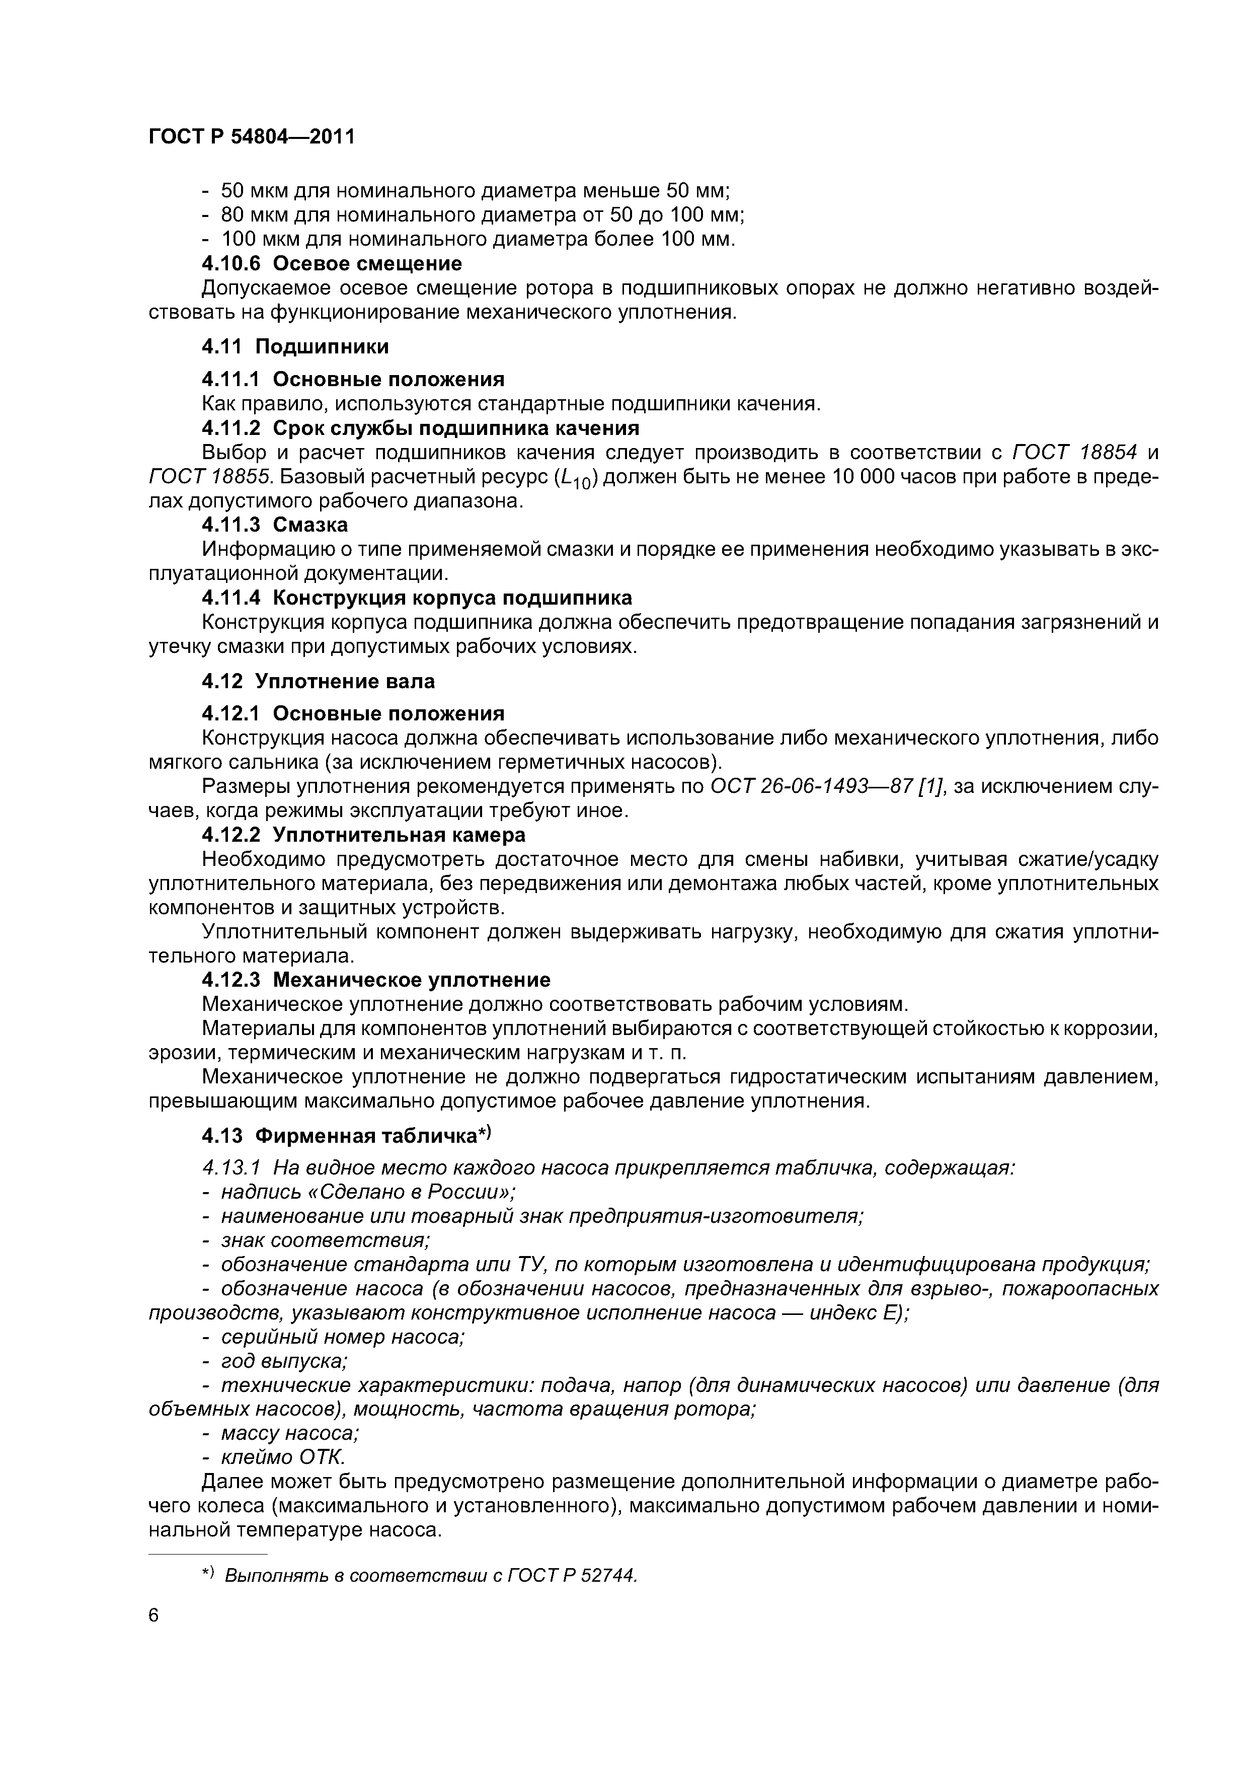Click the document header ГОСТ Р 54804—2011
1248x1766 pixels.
pyautogui.click(x=252, y=137)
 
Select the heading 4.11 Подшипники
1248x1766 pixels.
pyautogui.click(x=295, y=346)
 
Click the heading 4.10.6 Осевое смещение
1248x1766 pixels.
pyautogui.click(x=332, y=263)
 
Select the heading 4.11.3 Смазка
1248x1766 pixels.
pyautogui.click(x=275, y=525)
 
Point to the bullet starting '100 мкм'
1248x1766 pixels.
pyautogui.click(x=477, y=239)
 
